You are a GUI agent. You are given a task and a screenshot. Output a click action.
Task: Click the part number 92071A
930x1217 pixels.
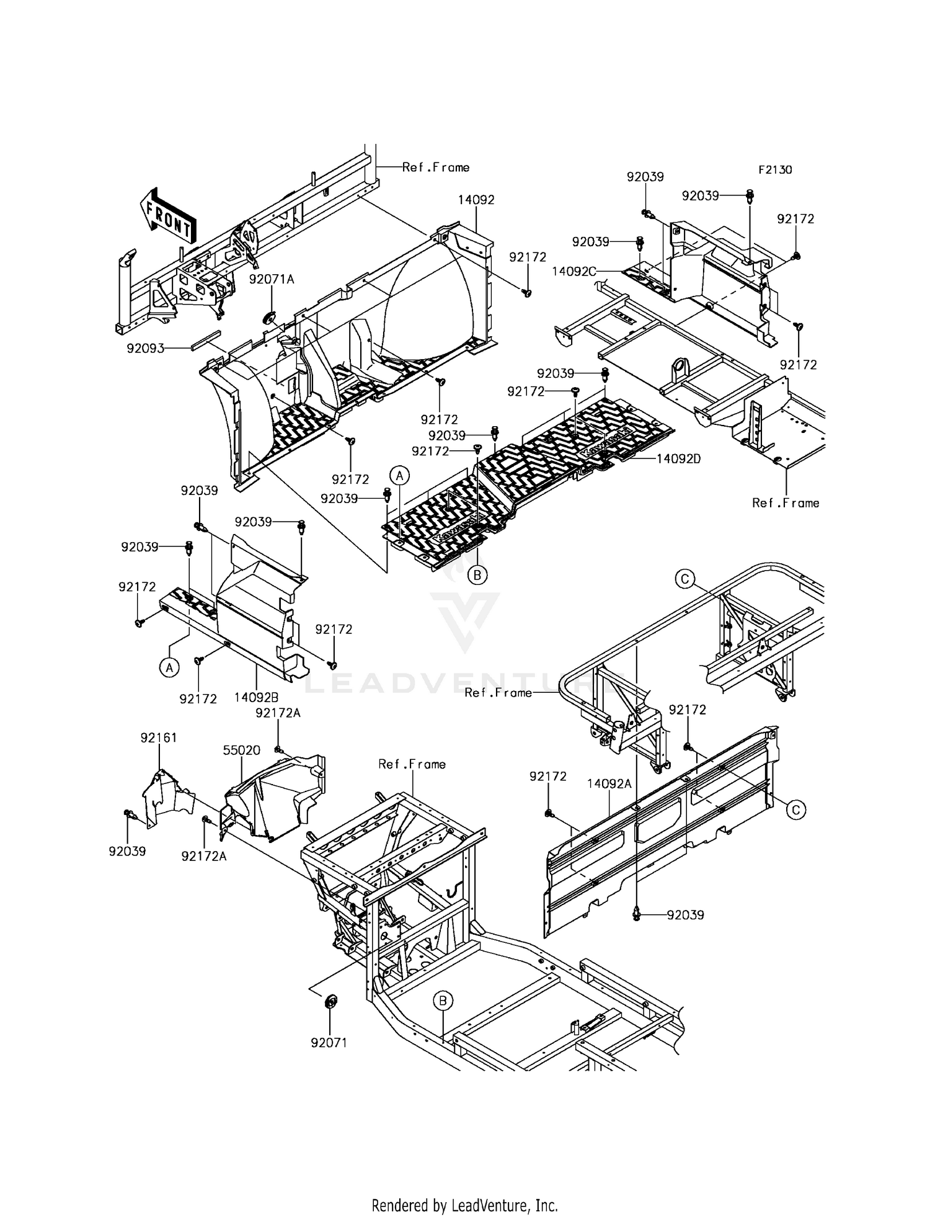(272, 280)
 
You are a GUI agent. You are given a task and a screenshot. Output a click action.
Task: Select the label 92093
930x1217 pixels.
(146, 349)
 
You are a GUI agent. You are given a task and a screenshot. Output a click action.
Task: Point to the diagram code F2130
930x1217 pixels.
(774, 170)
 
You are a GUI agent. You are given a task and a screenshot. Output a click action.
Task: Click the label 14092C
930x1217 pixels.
(574, 271)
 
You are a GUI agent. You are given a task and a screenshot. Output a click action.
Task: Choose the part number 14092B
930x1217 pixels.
(256, 697)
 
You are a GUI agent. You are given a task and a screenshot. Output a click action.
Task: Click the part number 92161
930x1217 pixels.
(159, 738)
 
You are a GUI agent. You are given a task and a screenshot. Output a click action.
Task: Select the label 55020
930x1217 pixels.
(241, 750)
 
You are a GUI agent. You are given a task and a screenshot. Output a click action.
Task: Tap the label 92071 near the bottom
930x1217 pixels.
(329, 1043)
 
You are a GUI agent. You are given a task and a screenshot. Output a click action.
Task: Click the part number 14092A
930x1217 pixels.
(609, 784)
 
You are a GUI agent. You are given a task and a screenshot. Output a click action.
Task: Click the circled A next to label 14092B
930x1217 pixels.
(169, 667)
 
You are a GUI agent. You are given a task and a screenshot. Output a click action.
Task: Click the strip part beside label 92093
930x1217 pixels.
(205, 341)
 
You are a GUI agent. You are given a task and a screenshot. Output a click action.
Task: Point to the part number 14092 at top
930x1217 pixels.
(476, 200)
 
